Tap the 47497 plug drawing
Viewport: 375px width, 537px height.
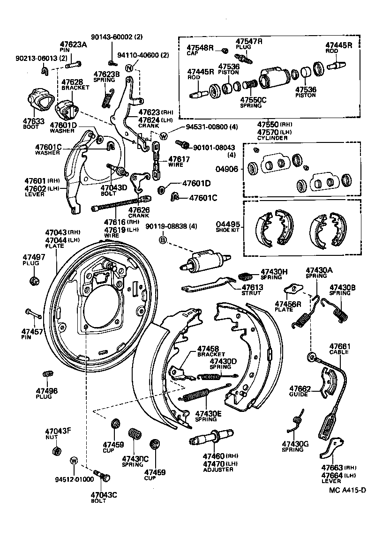[33, 281]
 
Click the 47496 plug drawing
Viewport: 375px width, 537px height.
[47, 375]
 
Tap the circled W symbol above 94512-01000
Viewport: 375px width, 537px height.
[74, 461]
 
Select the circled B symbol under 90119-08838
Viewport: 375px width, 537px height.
[163, 240]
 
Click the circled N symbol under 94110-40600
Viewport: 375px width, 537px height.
[129, 68]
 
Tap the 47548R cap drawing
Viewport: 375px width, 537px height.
[225, 51]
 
